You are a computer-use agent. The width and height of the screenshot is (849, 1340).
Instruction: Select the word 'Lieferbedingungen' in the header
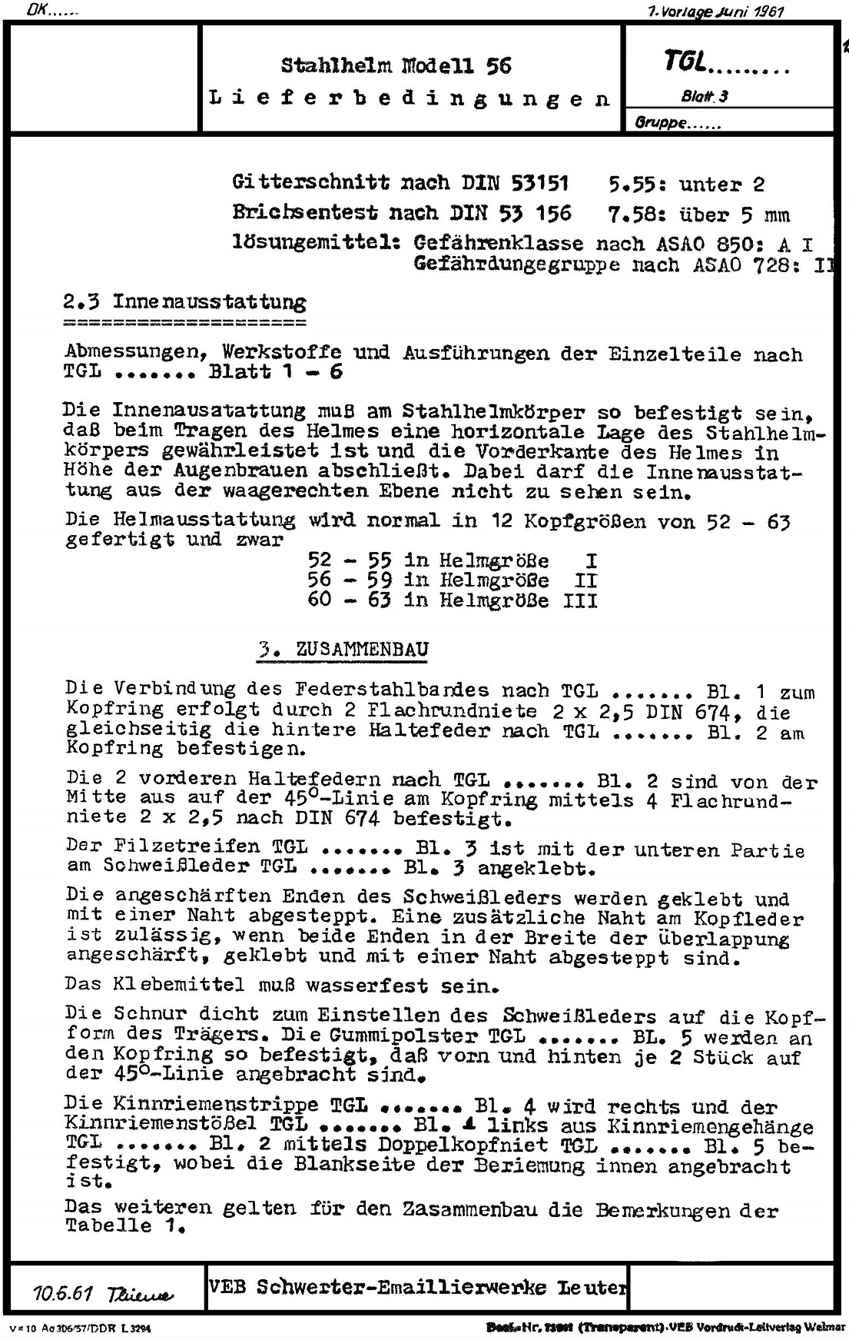(410, 98)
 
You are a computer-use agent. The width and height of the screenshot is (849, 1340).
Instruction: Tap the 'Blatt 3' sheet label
(704, 96)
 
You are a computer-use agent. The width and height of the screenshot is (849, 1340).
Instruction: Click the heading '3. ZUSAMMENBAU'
(342, 649)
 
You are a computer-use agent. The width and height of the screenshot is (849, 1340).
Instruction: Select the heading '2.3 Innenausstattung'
(185, 302)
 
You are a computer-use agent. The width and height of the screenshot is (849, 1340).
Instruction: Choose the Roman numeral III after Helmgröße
(580, 600)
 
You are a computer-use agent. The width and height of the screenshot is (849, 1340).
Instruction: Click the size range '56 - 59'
(350, 580)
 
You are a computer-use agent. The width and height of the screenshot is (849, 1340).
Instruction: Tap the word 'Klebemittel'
(179, 984)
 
